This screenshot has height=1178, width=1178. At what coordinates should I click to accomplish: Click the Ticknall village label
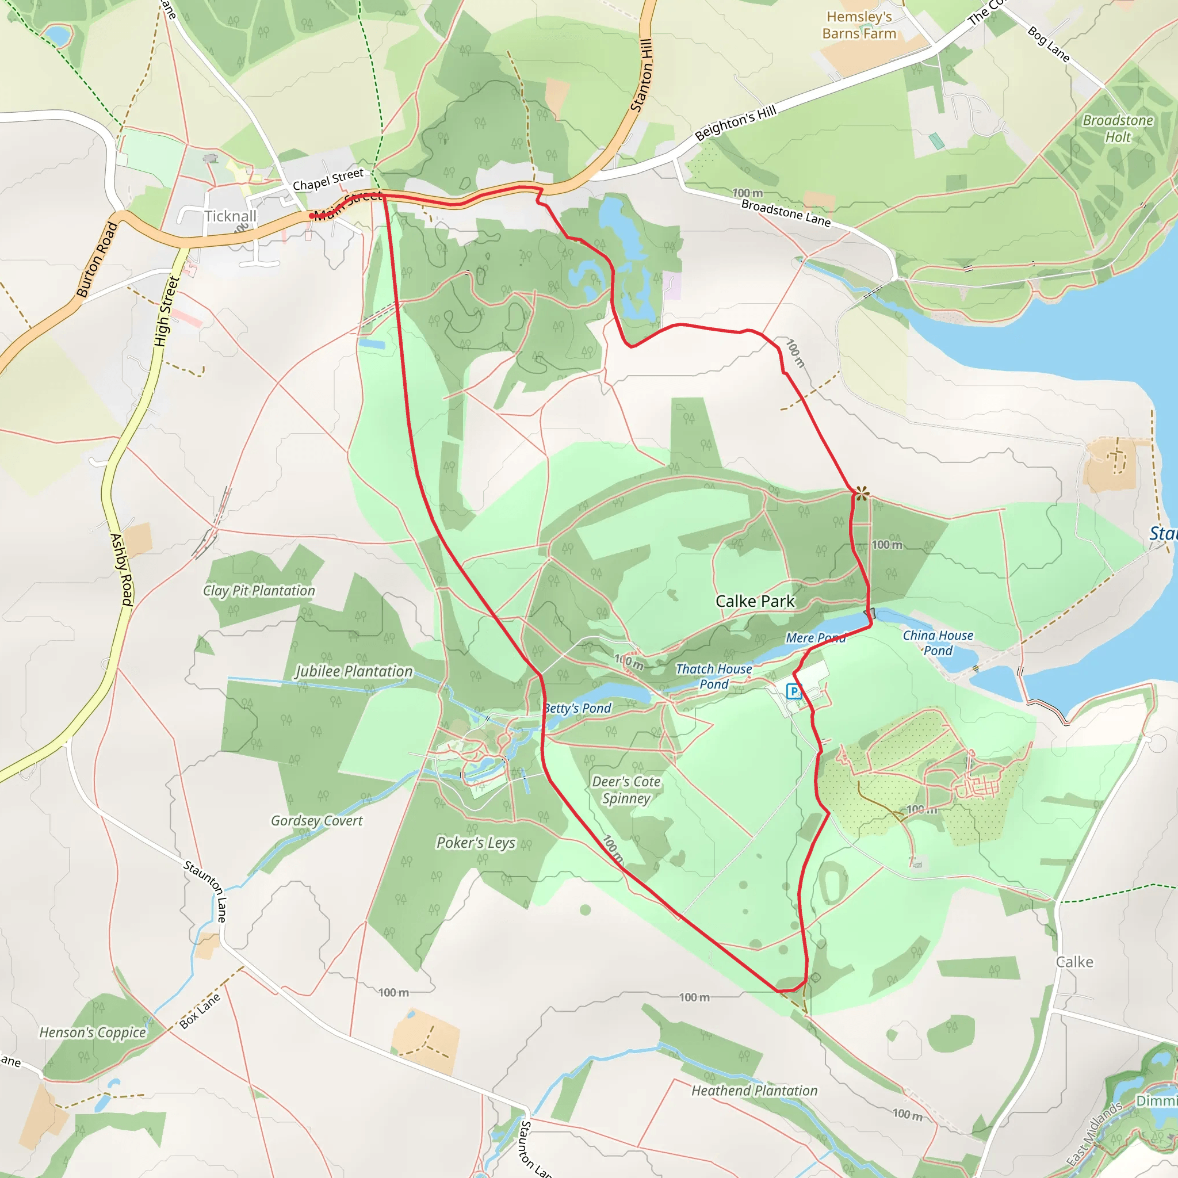(x=231, y=216)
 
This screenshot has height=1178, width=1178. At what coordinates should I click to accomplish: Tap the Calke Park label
(x=755, y=601)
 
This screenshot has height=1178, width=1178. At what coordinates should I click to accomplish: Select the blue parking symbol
(x=793, y=691)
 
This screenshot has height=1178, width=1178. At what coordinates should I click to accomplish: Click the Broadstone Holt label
(x=1118, y=129)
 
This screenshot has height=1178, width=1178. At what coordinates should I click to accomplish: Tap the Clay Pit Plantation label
(x=259, y=590)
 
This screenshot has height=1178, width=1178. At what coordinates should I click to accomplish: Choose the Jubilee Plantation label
(x=354, y=671)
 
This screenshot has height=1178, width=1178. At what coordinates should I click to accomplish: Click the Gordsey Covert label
(x=316, y=821)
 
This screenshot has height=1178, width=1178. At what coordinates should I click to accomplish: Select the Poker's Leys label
(x=476, y=843)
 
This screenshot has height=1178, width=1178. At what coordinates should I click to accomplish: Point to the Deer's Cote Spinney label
(x=626, y=790)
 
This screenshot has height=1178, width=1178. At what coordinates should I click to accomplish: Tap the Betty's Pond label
(x=577, y=708)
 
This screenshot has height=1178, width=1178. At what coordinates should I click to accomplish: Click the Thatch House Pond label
(x=714, y=676)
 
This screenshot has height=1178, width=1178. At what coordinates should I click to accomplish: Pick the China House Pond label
(x=938, y=642)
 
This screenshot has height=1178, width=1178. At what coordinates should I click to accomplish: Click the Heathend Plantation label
(x=754, y=1091)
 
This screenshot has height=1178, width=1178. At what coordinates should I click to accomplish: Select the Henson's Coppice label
(x=93, y=1032)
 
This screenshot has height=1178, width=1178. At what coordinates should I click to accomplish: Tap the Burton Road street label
(x=97, y=260)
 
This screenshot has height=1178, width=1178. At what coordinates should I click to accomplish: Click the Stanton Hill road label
(x=641, y=75)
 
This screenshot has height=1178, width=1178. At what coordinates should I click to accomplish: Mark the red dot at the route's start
(x=312, y=216)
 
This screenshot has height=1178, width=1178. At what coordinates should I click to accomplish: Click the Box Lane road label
(x=200, y=1012)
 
